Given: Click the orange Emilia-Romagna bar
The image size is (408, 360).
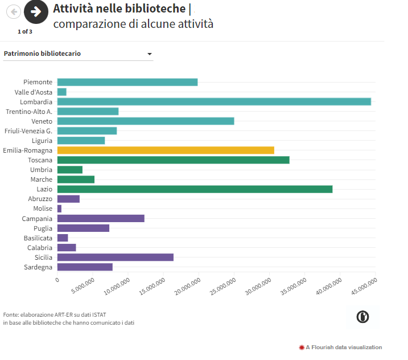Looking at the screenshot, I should click(166, 150).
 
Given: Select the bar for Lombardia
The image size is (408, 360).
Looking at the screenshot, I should click(214, 101).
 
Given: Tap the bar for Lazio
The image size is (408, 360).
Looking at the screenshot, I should click(195, 189).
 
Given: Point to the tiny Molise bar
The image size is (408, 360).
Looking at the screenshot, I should click(59, 209).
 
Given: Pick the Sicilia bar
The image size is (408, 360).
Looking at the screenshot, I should click(116, 257).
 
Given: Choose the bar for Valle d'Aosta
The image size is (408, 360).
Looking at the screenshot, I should click(62, 92).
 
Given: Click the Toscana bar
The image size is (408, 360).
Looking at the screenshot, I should click(174, 160).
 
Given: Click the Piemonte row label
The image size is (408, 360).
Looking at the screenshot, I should click(38, 82).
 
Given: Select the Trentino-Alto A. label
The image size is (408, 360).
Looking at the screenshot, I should click(29, 112).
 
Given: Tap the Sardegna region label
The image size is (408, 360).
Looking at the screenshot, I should click(38, 267).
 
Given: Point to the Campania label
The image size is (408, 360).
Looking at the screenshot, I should click(37, 219).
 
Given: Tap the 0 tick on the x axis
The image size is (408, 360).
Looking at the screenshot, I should click(57, 280).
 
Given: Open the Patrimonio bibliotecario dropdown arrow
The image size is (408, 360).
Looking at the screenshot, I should click(150, 54).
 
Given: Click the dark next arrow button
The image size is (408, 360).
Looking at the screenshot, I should click(36, 11).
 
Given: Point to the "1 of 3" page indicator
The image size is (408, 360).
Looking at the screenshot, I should click(25, 31).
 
